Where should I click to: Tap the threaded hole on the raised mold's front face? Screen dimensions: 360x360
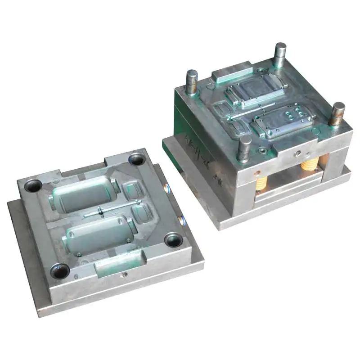[x=297, y=153]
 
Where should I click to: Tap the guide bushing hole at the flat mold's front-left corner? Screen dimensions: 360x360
[x=60, y=270]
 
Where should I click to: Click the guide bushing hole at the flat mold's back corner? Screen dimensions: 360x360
[x=136, y=158]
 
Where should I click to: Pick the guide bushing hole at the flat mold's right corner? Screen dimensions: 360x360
[x=173, y=239]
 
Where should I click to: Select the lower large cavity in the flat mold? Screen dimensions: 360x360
[x=98, y=234]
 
